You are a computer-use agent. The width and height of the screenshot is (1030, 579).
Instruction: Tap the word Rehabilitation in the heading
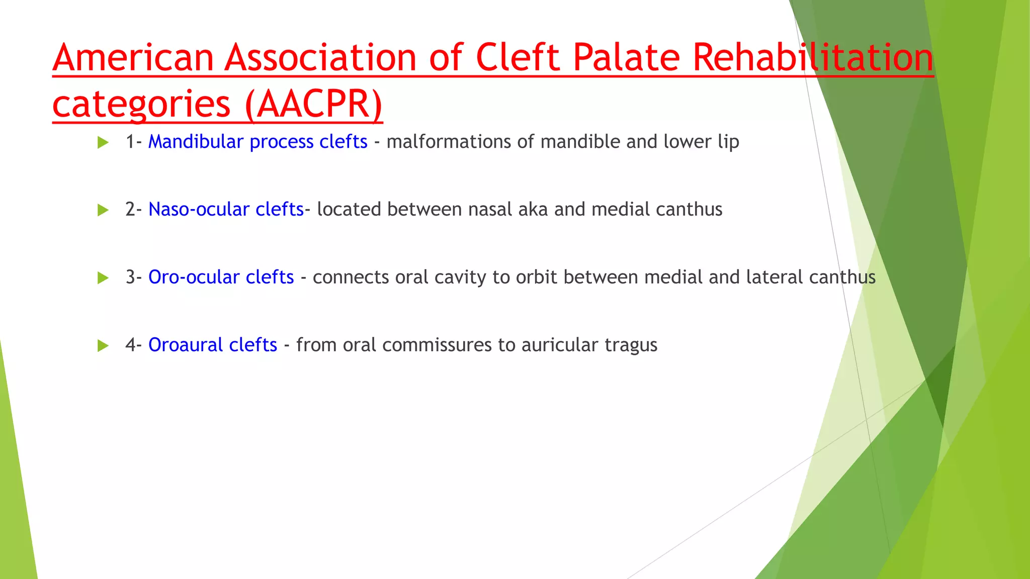(813, 58)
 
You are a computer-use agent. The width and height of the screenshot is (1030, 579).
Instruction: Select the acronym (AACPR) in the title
(314, 105)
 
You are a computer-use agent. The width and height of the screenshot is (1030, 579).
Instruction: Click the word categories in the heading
(141, 105)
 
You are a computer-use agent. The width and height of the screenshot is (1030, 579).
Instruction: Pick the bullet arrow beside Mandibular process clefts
(103, 143)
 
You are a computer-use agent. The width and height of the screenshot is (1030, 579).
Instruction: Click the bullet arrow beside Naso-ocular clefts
(103, 210)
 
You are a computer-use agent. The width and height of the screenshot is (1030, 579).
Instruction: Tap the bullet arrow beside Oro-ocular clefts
(103, 278)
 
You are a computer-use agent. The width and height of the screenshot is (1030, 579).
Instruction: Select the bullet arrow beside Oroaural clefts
(103, 346)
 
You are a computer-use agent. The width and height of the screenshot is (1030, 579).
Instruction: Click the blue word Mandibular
(196, 142)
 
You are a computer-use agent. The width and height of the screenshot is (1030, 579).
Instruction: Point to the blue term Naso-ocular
(199, 210)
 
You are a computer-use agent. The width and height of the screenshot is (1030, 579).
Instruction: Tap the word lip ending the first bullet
(728, 142)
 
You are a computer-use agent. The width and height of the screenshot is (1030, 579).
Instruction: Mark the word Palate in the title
(626, 58)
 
